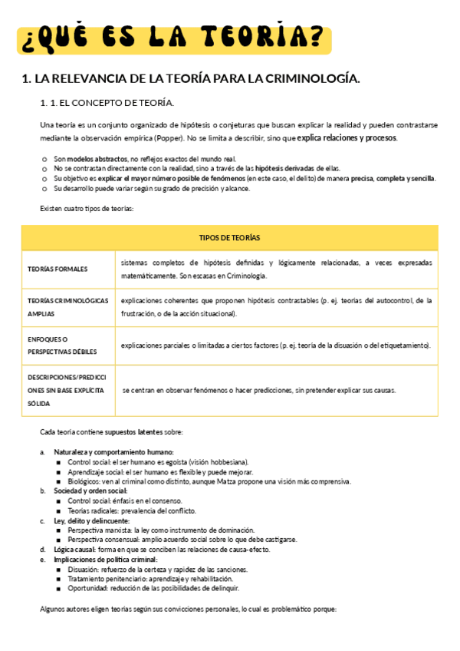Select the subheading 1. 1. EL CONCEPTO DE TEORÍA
click(x=107, y=102)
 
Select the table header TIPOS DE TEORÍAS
click(x=229, y=238)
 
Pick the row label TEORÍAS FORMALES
click(x=58, y=269)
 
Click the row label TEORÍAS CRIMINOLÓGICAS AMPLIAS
click(x=67, y=307)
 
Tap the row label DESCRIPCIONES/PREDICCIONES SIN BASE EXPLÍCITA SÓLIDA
click(x=67, y=390)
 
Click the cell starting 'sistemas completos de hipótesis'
click(x=276, y=269)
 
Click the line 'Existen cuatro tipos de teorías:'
click(x=87, y=208)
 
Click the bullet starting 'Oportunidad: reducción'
click(x=153, y=589)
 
